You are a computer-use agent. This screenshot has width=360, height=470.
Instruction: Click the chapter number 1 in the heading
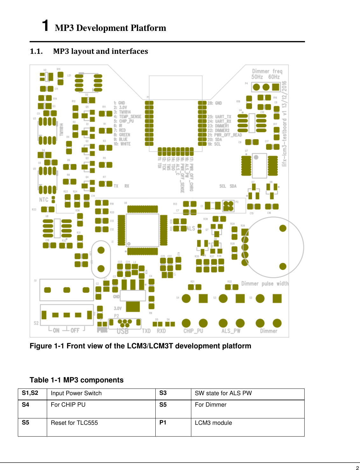coord(46,25)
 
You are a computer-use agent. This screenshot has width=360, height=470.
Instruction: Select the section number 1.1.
coord(36,51)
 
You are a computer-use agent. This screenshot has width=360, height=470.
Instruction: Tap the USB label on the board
coord(123,331)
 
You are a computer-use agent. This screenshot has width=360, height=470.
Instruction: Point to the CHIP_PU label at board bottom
coord(193,331)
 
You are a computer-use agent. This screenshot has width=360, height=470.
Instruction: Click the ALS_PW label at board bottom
coord(231,331)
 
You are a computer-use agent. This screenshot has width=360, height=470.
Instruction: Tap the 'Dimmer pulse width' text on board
coord(265,283)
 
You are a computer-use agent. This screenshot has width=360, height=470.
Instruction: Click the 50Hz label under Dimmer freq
coord(257,77)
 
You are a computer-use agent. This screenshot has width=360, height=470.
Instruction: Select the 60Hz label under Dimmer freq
coord(274,77)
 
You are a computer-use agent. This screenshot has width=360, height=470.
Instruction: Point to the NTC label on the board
coord(44,200)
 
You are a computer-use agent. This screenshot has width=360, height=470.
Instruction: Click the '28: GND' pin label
coord(215,103)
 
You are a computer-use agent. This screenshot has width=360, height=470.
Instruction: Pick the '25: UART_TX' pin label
coord(219,117)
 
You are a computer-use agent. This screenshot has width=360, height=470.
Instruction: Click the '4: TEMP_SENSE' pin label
coord(128,117)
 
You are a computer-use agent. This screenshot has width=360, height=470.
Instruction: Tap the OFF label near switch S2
coord(75,331)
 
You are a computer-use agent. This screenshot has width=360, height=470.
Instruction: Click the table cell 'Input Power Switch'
coord(76,393)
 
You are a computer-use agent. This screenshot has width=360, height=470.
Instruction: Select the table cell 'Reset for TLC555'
coord(74,423)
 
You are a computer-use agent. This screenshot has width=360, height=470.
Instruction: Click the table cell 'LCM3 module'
coord(213,423)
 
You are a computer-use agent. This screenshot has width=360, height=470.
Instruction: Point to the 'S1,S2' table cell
coord(30,393)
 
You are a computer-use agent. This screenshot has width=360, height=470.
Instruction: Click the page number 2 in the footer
coord(357,468)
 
